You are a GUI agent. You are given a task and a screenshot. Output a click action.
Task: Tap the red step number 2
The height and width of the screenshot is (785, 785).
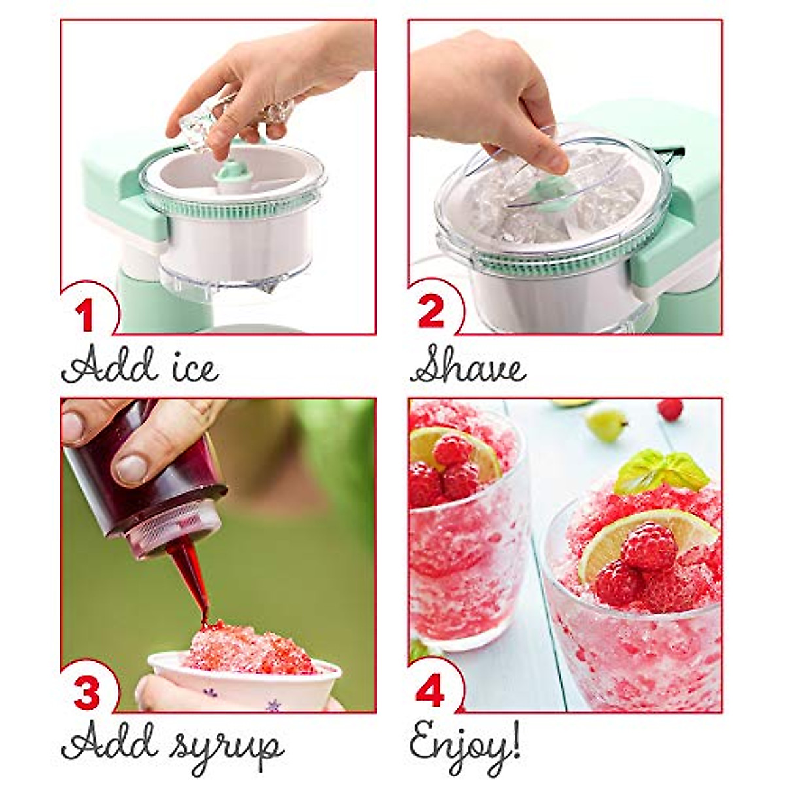[x=431, y=312]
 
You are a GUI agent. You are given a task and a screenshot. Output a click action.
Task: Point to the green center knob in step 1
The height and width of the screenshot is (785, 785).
[x=230, y=175]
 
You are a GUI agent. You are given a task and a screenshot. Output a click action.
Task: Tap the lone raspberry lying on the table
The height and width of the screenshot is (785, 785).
[x=670, y=410]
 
